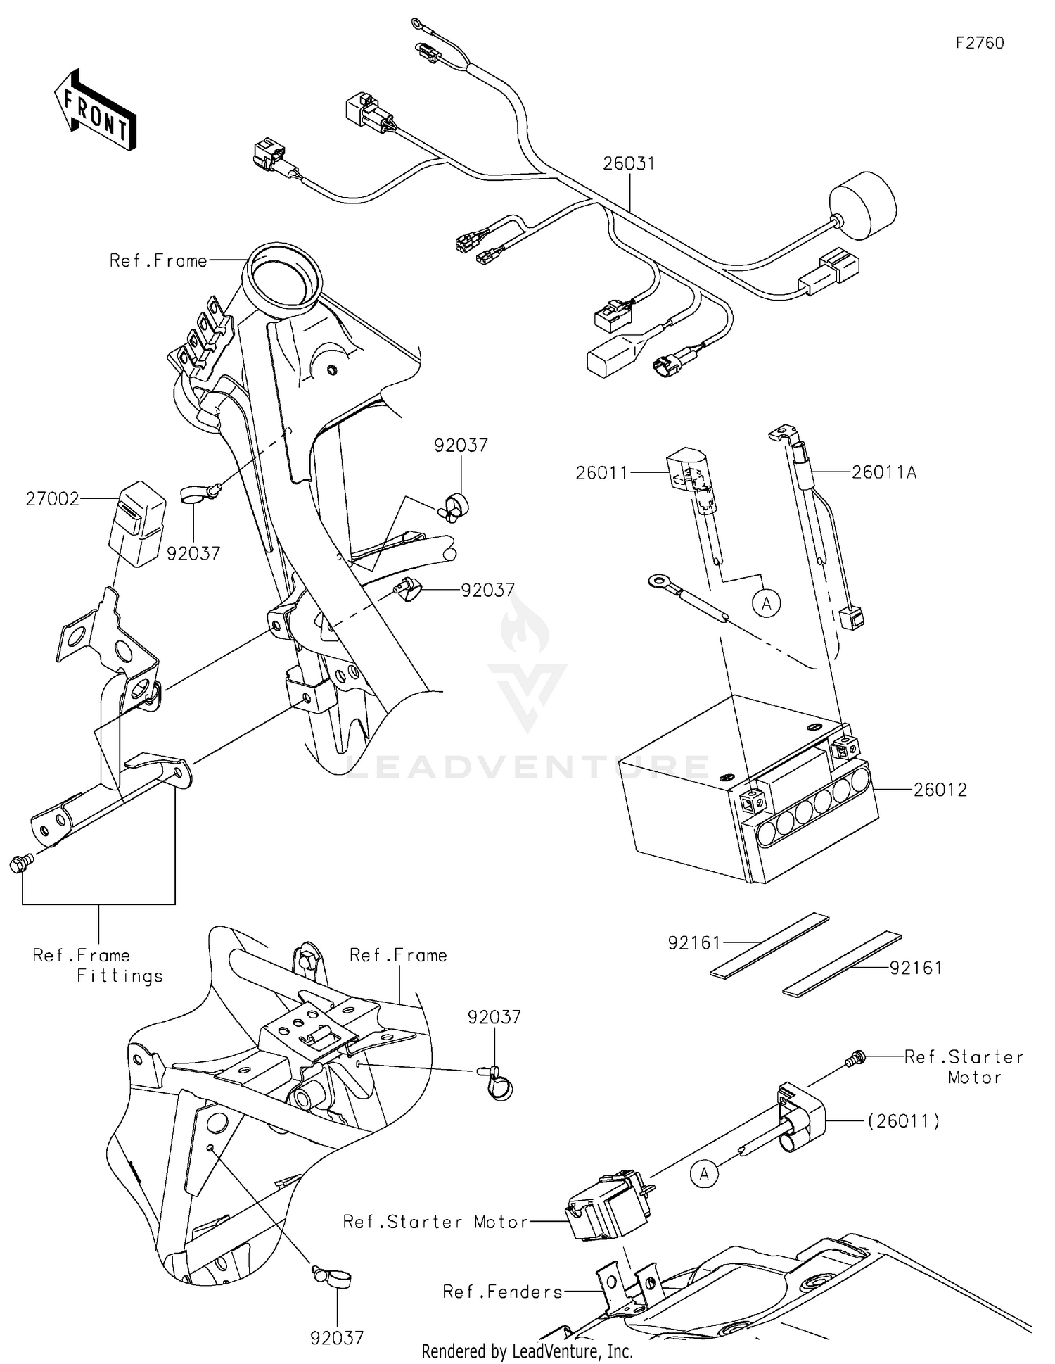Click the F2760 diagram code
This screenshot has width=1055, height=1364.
click(x=979, y=43)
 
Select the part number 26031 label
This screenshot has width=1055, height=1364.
click(x=629, y=163)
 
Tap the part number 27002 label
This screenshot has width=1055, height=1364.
click(x=52, y=499)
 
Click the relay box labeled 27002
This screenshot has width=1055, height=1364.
click(x=137, y=523)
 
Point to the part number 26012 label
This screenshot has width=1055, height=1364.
click(x=940, y=790)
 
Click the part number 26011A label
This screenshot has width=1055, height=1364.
click(x=884, y=472)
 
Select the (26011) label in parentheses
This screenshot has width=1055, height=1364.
click(x=903, y=1120)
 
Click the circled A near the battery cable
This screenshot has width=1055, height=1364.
click(x=767, y=603)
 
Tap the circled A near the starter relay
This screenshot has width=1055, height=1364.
click(x=704, y=1173)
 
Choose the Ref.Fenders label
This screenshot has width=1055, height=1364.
click(x=502, y=1292)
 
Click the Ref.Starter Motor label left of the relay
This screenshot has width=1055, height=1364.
click(x=435, y=1222)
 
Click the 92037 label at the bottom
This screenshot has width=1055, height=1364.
click(x=337, y=1338)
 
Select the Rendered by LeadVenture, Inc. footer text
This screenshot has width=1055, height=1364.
click(x=527, y=1351)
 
